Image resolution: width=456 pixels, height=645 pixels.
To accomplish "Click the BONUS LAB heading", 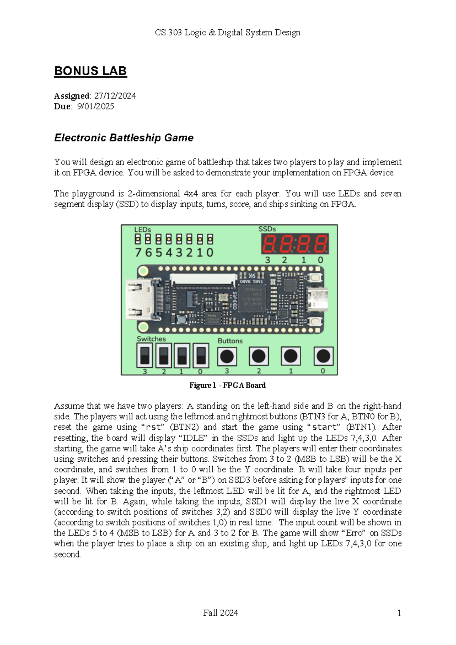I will coord(90,71).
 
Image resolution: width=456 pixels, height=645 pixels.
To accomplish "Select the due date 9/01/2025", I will coord(95,106).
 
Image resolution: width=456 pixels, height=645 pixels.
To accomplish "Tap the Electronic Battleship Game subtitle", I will coord(124,138).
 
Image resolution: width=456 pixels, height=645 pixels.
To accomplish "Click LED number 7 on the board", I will coord(138,239).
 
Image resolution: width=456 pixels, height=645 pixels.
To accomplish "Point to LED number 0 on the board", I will coord(210,239).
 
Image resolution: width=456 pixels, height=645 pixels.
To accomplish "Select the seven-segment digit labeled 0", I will coord(320,244).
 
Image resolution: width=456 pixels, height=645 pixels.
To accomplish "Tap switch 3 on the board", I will coord(144,356).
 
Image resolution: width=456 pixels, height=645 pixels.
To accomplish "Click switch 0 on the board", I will coord(201,356).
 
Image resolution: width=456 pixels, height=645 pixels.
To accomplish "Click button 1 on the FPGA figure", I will coord(291,356).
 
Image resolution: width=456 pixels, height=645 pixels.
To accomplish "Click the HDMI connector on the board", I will coord(139,299).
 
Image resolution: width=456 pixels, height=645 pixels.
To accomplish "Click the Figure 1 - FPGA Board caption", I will coord(227,385).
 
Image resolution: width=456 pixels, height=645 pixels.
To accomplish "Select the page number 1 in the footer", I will coord(399,613).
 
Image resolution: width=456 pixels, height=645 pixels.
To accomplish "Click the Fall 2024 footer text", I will coord(220,613).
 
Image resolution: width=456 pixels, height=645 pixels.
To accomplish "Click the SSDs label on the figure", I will coord(267,229).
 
